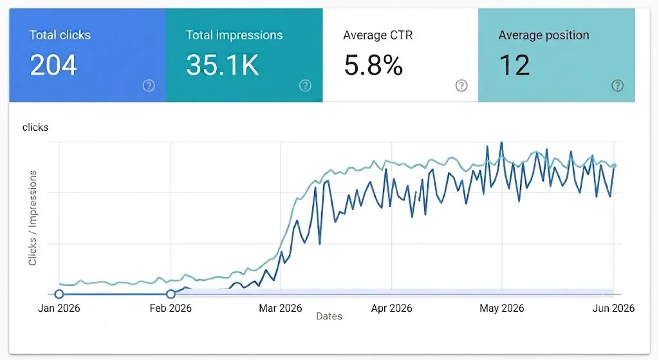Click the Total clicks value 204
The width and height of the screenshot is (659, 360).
53,65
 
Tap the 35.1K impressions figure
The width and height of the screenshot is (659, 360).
222,65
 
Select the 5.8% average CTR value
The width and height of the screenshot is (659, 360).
373,65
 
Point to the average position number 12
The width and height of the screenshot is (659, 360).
514,65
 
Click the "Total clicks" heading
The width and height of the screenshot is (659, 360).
60,35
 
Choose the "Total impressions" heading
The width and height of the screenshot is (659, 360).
234,35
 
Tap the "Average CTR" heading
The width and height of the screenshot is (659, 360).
378,35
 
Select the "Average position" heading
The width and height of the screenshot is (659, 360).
544,35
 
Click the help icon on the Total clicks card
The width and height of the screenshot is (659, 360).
149,86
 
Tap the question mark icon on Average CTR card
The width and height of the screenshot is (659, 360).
461,86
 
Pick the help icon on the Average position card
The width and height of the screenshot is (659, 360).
617,86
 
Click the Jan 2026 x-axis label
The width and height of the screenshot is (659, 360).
59,308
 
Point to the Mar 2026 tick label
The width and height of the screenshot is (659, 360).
281,308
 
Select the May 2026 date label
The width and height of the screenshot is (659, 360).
502,308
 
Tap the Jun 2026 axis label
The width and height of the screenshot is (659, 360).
613,308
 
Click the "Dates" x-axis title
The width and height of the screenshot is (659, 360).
329,316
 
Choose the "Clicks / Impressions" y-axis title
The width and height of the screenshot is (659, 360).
32,218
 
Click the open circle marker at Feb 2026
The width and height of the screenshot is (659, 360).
171,294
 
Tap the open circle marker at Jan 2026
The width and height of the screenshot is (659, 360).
59,294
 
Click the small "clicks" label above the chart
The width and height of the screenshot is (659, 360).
35,127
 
